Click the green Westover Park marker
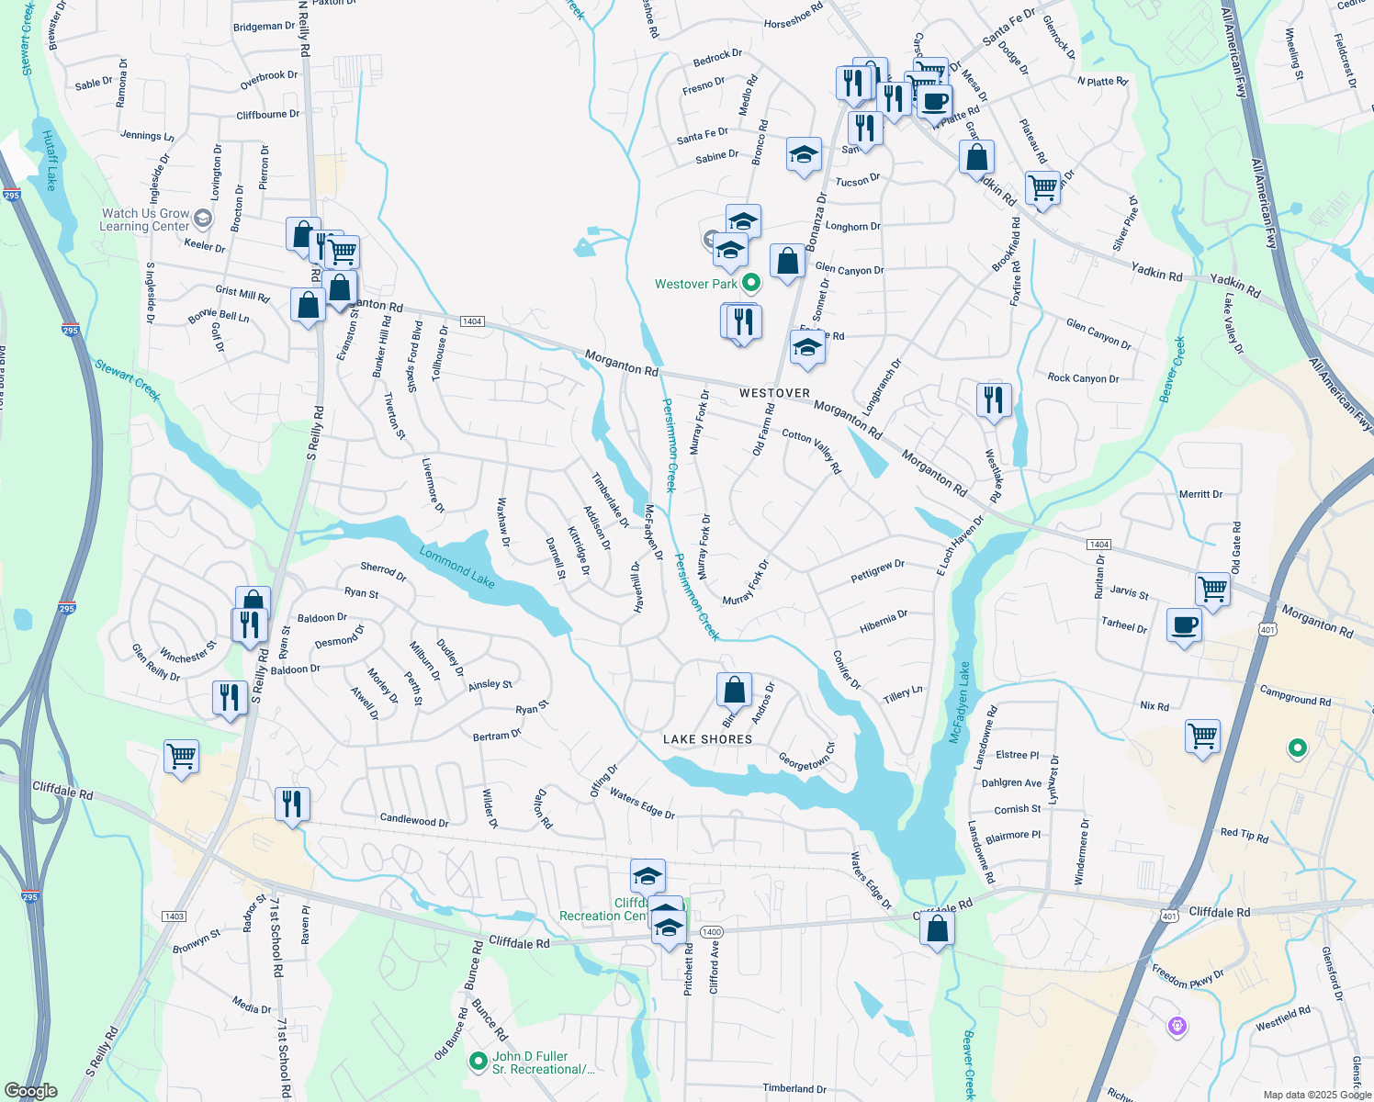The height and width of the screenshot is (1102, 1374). point(751,283)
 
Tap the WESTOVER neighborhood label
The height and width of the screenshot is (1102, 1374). point(774,393)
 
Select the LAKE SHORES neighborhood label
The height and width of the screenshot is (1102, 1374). point(707,739)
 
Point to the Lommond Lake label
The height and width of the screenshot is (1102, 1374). point(457,567)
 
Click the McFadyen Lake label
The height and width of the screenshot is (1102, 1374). point(961,703)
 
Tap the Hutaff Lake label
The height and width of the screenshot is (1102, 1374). point(50,160)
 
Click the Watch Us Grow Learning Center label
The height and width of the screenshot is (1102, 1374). point(145,219)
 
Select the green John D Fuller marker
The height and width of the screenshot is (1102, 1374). point(478,1062)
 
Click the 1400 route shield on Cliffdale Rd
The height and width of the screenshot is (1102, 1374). point(711,932)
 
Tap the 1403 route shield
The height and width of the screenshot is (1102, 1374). point(174,916)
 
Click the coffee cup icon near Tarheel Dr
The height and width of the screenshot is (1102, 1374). point(1184,625)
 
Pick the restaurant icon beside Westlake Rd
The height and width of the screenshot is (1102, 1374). point(993,400)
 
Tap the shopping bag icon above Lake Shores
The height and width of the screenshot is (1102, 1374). point(734,689)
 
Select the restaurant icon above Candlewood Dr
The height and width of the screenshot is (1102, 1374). point(291,804)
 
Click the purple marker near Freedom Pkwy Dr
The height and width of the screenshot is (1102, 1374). point(1177,1026)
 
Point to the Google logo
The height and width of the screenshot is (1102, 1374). point(30,1091)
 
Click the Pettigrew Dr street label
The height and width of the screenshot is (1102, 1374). point(877,570)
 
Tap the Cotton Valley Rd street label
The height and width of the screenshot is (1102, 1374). point(812,451)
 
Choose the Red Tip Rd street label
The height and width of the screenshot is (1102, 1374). point(1244,835)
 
